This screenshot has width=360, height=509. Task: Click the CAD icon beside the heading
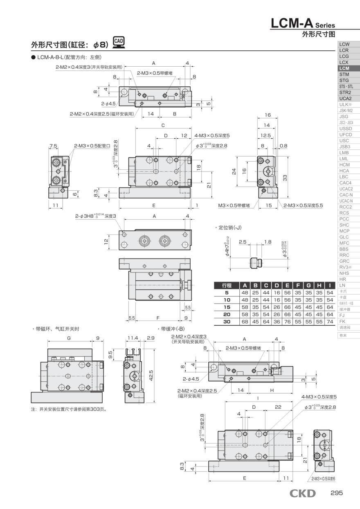tap(118, 42)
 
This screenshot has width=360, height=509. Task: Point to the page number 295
tap(337, 493)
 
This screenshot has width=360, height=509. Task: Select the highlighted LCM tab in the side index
tap(344, 68)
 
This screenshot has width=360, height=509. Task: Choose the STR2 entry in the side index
tap(344, 92)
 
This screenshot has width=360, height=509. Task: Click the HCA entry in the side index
tap(344, 171)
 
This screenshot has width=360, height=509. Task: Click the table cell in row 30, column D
tap(277, 322)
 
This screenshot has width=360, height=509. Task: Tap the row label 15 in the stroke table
tap(227, 307)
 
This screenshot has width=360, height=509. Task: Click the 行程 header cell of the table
tap(227, 285)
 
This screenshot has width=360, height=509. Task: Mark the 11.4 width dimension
tap(133, 338)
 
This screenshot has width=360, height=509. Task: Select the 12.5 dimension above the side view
tap(265, 135)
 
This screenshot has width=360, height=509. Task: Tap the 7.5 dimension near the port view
tap(53, 146)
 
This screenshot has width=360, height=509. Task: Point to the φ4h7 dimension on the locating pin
tap(227, 247)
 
